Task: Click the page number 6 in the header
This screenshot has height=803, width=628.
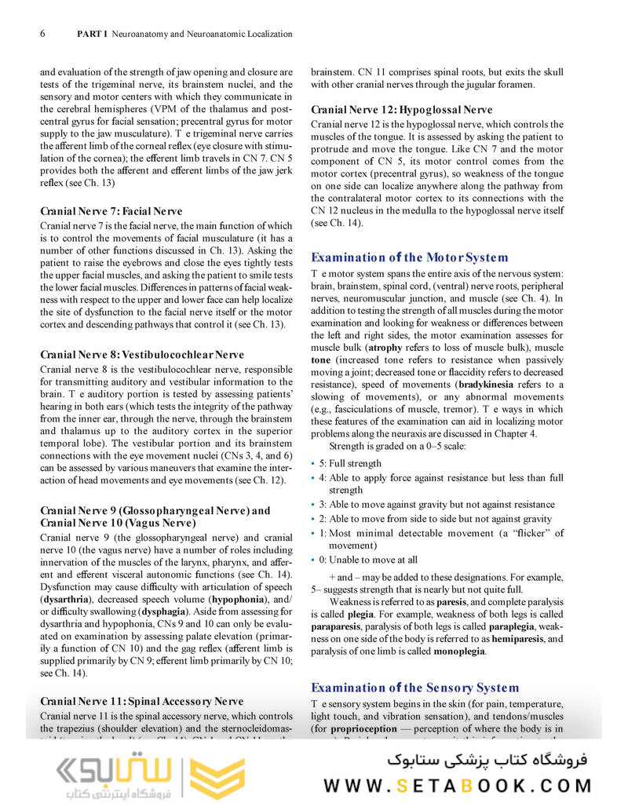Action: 42,34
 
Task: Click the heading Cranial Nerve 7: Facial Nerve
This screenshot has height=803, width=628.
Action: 111,211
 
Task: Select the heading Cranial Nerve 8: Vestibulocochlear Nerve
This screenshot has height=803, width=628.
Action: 141,355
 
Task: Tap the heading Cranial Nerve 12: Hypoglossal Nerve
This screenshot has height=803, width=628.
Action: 401,110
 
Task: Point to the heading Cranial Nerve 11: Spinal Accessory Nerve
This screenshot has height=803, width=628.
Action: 141,701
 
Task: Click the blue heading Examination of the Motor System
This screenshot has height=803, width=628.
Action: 409,257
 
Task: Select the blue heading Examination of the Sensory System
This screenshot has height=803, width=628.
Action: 414,688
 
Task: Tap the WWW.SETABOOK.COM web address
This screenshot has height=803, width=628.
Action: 458,785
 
